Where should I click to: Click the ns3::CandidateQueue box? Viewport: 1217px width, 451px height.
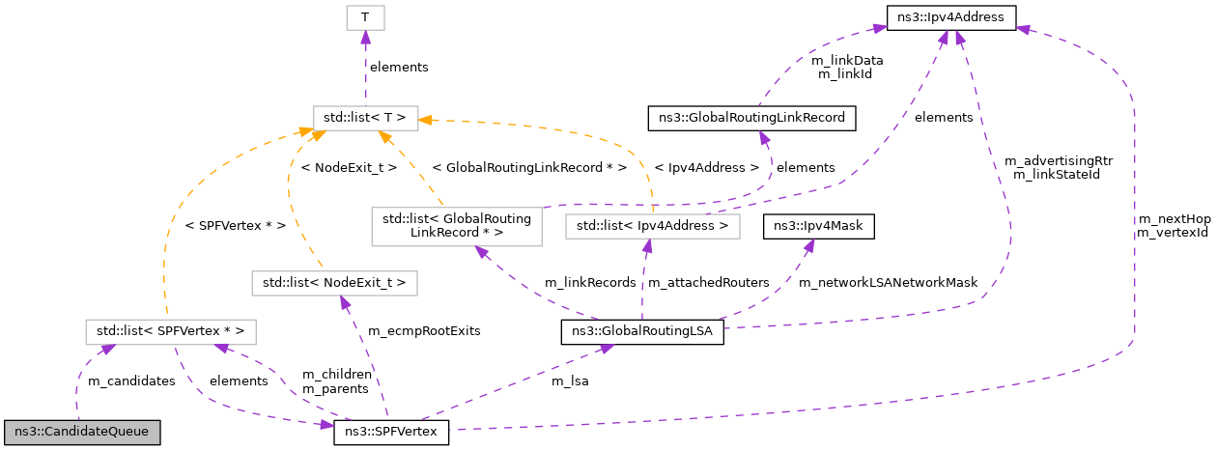[82, 430]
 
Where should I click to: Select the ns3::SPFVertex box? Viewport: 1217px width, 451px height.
[391, 430]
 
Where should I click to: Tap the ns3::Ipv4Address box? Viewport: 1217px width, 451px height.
[950, 16]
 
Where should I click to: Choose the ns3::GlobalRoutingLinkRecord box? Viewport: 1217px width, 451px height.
[752, 118]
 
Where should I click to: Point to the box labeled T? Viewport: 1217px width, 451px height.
[365, 16]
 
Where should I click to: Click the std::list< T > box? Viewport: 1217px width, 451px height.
[365, 118]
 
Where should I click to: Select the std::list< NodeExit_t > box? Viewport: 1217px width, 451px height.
[334, 282]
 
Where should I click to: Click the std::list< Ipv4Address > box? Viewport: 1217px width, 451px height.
[653, 226]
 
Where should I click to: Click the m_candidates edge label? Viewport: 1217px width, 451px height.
[131, 381]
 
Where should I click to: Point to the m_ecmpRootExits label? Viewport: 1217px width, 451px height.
[424, 330]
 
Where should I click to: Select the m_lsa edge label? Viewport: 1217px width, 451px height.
[570, 381]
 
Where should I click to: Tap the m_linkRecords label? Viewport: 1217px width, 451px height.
[582, 282]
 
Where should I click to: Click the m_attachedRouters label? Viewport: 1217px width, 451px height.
[708, 282]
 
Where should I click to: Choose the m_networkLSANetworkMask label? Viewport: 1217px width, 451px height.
[888, 282]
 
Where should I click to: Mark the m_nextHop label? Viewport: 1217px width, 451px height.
[1174, 219]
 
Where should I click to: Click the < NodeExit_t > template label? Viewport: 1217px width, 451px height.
[349, 166]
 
